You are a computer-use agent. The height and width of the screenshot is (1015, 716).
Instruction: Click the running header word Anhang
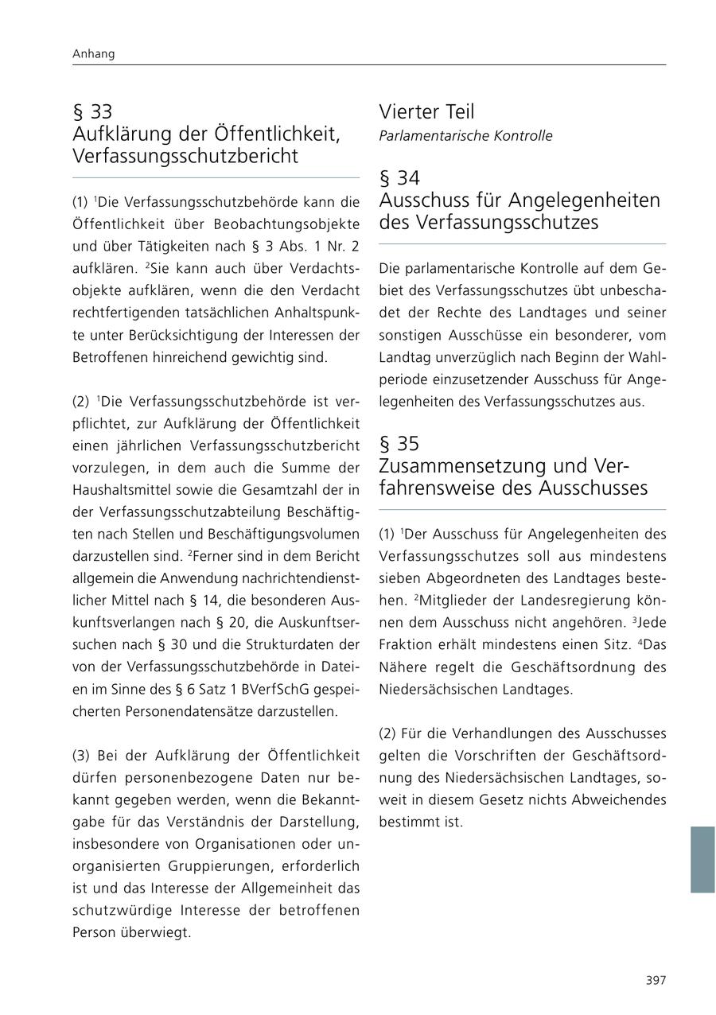pos(94,54)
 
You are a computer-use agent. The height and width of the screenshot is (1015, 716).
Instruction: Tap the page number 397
pos(656,980)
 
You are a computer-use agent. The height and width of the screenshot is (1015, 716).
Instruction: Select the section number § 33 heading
pos(92,112)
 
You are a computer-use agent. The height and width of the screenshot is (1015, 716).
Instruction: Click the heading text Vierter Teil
pos(426,112)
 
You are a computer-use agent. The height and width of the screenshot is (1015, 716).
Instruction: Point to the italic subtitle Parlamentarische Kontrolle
pos(465,136)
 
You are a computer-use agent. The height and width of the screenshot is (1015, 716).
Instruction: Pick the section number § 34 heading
pos(399,178)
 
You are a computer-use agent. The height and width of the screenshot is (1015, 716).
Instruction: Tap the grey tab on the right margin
pos(702,859)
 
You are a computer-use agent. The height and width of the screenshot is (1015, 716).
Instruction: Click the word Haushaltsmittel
pos(118,490)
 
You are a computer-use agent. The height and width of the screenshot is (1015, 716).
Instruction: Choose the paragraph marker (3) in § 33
pos(83,755)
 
